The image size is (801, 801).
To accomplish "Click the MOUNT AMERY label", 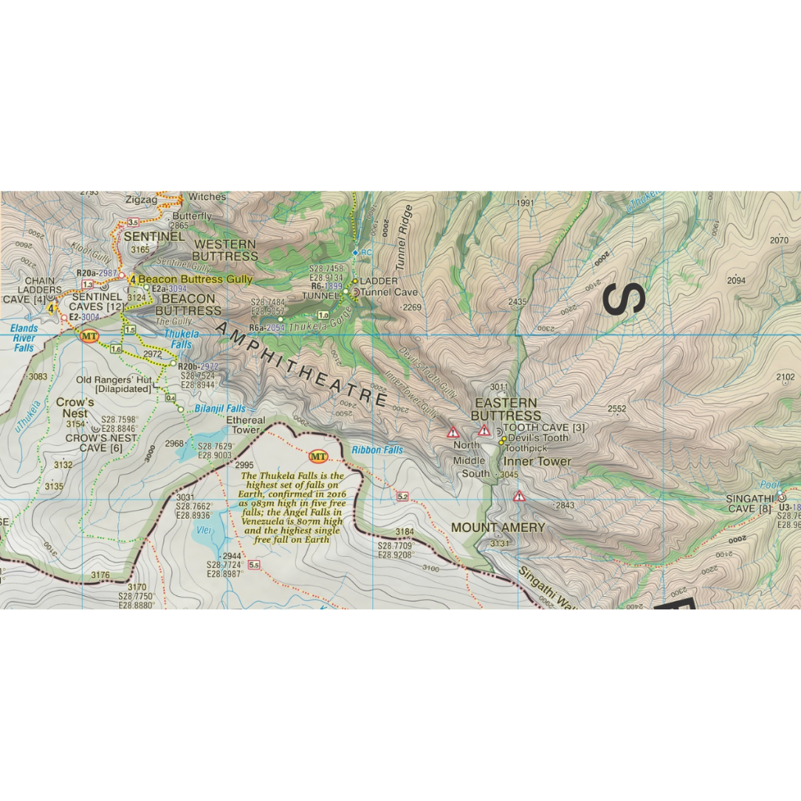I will point(497,527).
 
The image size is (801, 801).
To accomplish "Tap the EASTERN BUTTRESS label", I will point(506,408).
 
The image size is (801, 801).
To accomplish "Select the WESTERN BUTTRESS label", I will point(225,250).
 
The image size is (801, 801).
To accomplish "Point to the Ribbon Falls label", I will point(377,451).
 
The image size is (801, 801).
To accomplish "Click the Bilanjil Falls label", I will point(221,409).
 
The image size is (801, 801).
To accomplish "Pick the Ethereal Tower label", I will point(246,425).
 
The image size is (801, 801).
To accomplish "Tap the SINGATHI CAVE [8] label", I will point(749,504).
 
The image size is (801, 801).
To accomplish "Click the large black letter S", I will point(624,299).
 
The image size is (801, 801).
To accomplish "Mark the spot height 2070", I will point(778,240).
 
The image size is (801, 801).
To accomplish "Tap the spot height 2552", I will point(617,408).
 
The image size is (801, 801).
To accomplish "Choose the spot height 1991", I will point(525,203).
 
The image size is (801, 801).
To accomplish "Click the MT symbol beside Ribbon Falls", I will point(318,456).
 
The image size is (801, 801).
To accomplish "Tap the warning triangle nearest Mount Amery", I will point(519,496).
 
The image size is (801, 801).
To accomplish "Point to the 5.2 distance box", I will point(404,497).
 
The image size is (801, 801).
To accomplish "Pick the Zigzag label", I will point(141,199).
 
